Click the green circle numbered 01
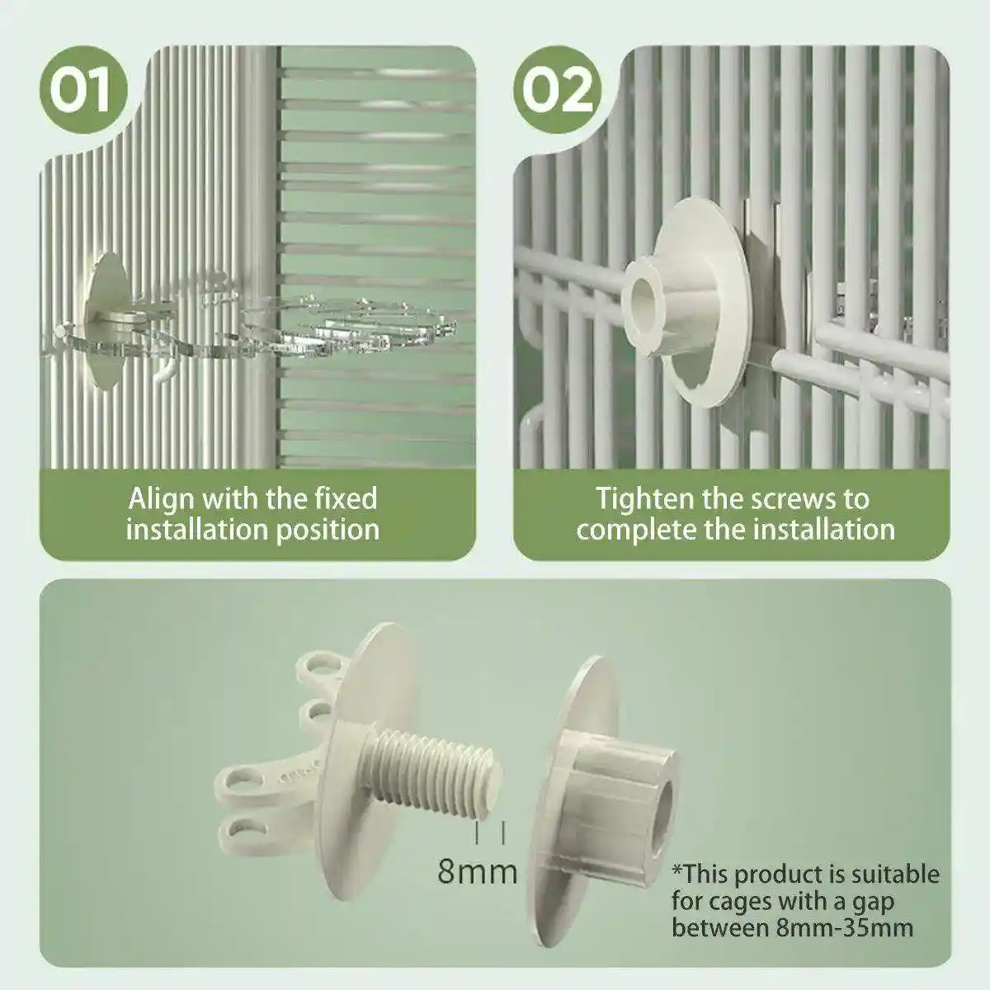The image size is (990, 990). (x=83, y=90)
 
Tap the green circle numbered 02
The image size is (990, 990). (x=558, y=90)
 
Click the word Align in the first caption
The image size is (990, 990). (x=161, y=499)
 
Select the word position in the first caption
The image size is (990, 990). (x=328, y=530)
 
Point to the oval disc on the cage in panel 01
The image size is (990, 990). (x=106, y=320)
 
